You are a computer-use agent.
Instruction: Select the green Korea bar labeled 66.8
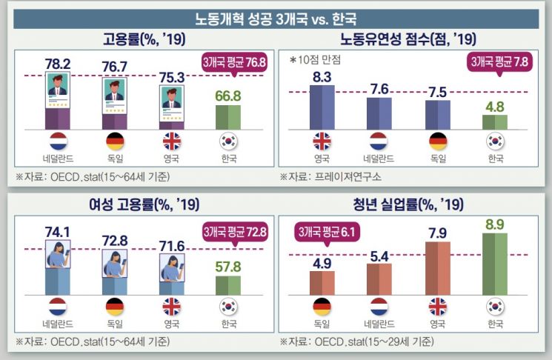coord(229,116)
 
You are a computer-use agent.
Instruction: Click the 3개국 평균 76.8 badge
coord(234,64)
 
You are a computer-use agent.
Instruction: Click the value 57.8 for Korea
coord(229,266)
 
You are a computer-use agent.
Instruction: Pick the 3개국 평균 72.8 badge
coord(234,233)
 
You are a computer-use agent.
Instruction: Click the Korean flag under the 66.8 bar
coord(229,141)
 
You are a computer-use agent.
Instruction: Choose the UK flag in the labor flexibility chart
coord(322,141)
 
